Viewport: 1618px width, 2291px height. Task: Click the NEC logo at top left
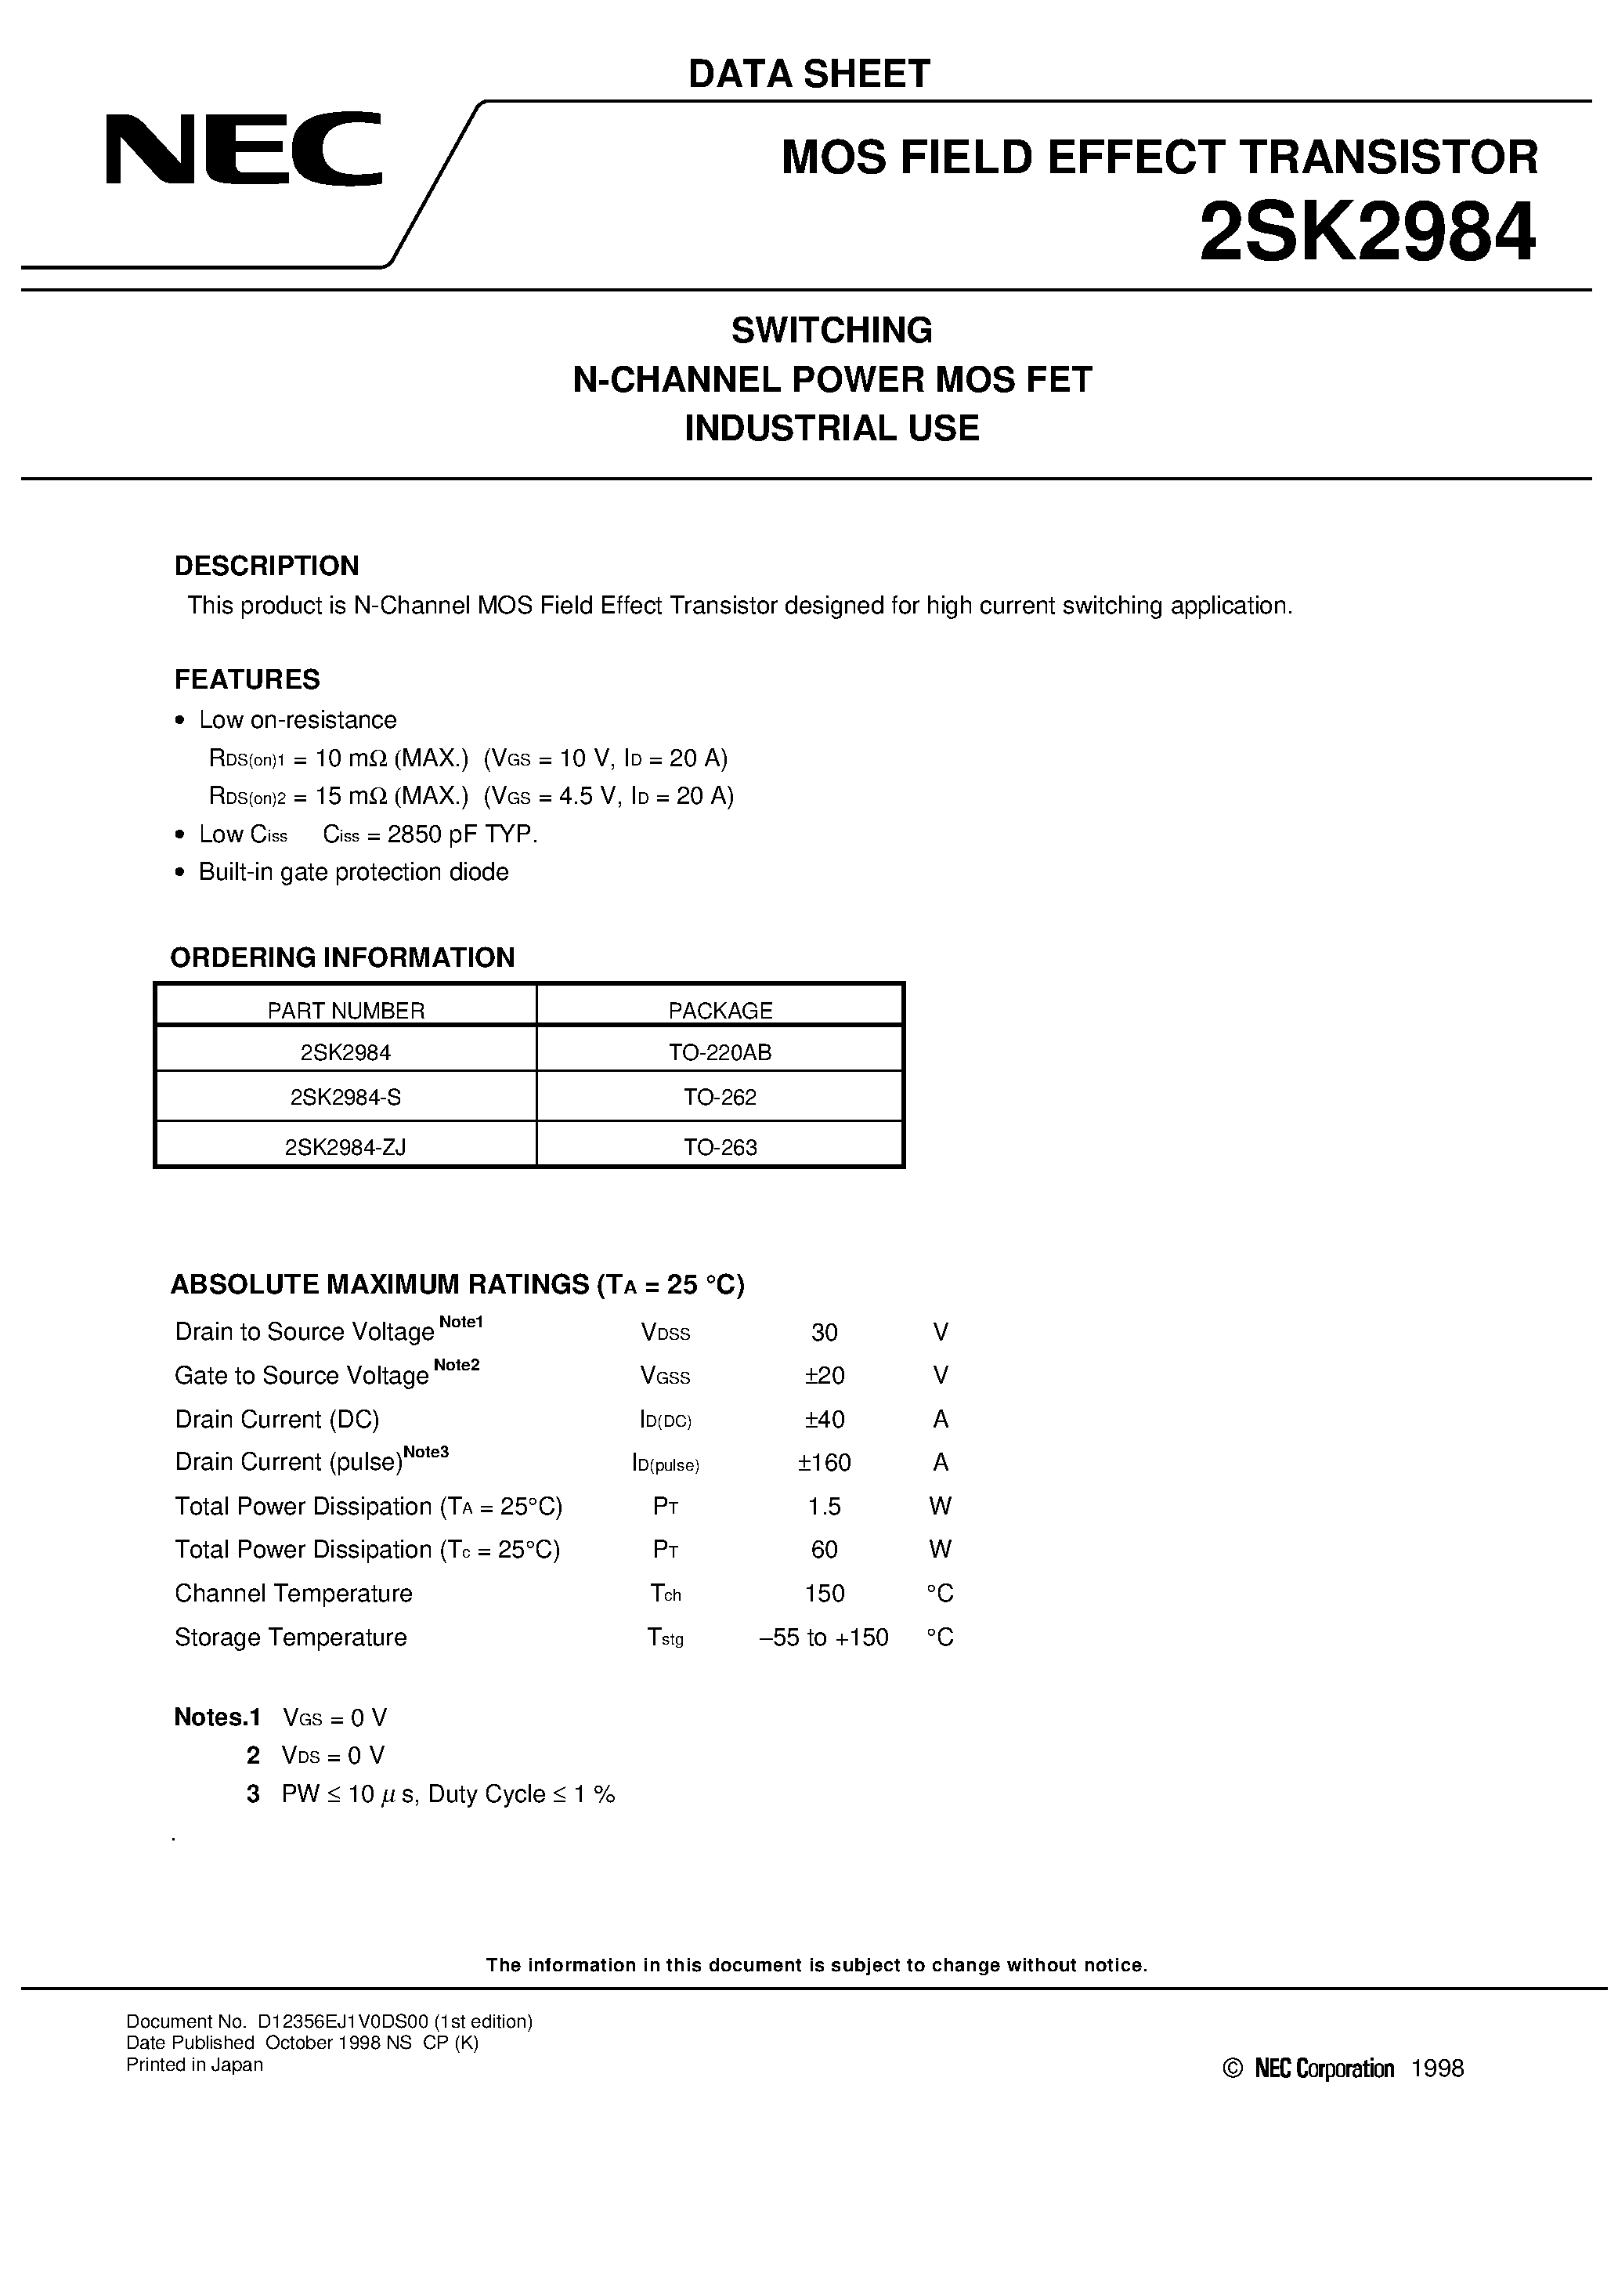point(244,150)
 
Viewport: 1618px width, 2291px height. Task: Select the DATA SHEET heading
point(809,74)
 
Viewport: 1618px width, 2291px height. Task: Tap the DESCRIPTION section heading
point(266,566)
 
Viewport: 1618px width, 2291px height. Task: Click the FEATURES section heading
point(247,679)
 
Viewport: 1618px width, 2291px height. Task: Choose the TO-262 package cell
point(721,1098)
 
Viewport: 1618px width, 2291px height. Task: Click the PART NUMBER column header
point(345,1011)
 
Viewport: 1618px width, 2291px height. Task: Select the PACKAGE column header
point(721,1011)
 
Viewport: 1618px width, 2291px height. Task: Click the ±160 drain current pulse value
point(824,1463)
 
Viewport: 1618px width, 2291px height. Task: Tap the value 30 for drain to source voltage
point(824,1332)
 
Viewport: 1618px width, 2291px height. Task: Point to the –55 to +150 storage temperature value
point(823,1638)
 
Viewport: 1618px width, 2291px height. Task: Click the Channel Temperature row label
point(293,1594)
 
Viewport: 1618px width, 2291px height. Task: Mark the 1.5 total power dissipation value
point(824,1507)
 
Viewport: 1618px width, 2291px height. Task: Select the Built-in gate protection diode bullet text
point(353,872)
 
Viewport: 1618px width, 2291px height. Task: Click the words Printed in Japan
point(194,2065)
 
